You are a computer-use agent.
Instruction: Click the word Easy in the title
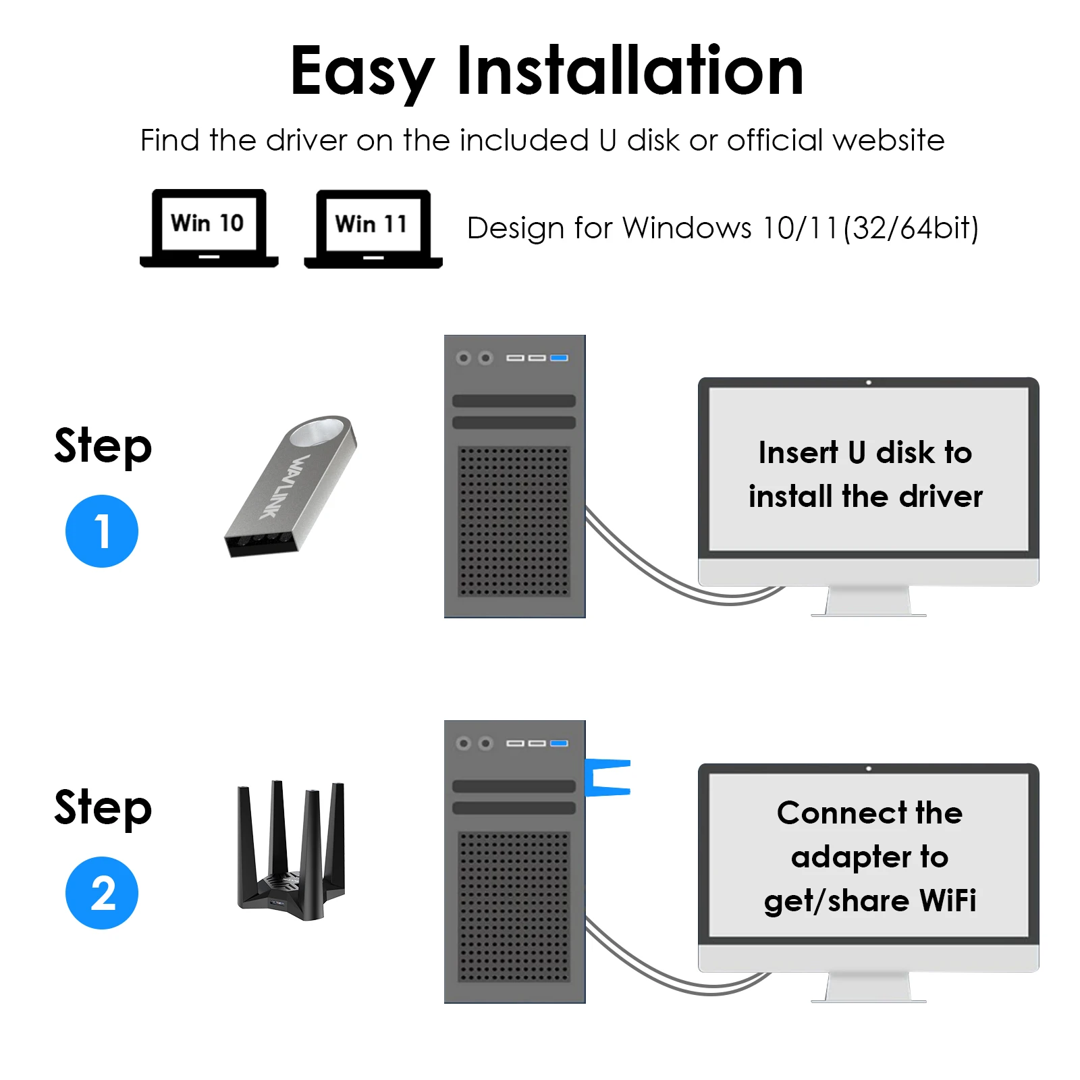(362, 71)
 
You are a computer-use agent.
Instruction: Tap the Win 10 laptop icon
(209, 227)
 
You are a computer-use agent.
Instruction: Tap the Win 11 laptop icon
(373, 228)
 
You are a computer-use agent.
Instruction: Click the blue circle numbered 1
(102, 531)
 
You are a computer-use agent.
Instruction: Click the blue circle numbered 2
(102, 892)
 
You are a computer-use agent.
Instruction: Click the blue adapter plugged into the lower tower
(607, 777)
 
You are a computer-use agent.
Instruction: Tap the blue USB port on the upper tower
(559, 358)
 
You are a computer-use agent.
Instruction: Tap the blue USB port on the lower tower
(559, 743)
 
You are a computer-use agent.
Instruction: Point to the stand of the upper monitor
(869, 601)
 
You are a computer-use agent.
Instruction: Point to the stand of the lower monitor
(869, 988)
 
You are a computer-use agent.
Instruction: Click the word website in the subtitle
(889, 140)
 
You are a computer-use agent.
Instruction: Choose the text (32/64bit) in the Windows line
(911, 228)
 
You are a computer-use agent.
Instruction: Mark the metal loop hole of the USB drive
(317, 432)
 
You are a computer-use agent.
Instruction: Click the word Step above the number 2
(103, 807)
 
